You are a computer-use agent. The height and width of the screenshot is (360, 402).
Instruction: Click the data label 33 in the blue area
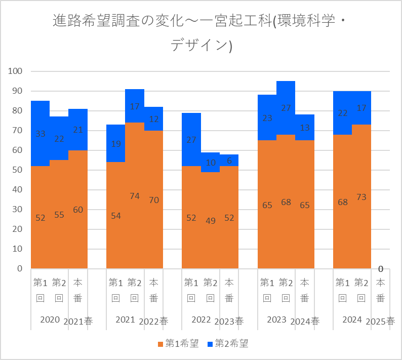tap(41, 134)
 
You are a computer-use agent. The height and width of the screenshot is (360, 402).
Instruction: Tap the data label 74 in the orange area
tap(135, 196)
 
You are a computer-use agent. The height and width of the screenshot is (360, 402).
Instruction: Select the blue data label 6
tap(229, 161)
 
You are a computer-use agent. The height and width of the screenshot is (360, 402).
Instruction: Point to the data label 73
tap(361, 197)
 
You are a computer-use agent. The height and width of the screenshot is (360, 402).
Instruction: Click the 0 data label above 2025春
tap(380, 269)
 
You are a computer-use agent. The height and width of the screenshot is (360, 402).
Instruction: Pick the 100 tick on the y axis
tap(15, 71)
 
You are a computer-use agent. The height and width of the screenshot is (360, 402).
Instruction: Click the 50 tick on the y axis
tap(17, 170)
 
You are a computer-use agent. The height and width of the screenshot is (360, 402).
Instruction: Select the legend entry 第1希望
tap(178, 344)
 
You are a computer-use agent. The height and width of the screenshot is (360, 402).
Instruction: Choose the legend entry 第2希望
tap(228, 344)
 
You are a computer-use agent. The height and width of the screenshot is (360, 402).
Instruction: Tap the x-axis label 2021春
tap(78, 322)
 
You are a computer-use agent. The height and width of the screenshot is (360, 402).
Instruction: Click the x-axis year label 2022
tap(202, 319)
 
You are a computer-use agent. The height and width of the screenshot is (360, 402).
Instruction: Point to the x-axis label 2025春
tap(380, 322)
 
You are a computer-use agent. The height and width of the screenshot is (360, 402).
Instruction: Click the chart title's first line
tap(199, 21)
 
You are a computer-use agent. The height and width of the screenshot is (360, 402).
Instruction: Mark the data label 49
tap(211, 221)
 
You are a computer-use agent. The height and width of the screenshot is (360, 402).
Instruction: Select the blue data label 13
tap(305, 128)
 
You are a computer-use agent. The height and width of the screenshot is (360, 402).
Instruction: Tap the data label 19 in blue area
tap(116, 144)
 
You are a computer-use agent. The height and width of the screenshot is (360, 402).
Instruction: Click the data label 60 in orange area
tap(78, 210)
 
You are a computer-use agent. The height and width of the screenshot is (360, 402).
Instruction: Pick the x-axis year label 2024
tap(352, 319)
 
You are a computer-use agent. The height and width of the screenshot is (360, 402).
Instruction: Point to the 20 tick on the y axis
tap(17, 229)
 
